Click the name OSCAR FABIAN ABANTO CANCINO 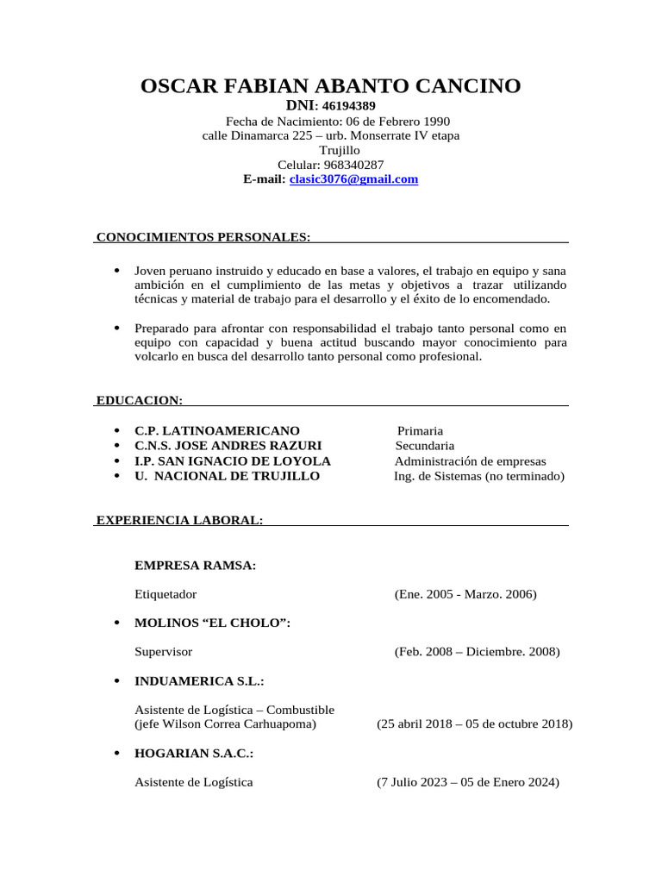click(x=330, y=85)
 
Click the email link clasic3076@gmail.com click(x=353, y=179)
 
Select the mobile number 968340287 click(x=353, y=165)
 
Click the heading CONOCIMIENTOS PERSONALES click(x=203, y=236)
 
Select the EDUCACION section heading click(x=139, y=400)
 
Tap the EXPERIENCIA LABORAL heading click(x=179, y=520)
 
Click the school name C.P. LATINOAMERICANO click(x=217, y=430)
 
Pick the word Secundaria click(x=424, y=446)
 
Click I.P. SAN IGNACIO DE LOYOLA click(x=233, y=461)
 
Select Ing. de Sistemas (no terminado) click(x=479, y=476)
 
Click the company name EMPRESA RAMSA click(x=195, y=566)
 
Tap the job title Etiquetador click(x=165, y=594)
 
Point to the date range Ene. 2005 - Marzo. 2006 click(x=465, y=594)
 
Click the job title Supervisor click(x=164, y=652)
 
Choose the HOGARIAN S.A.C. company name click(x=194, y=753)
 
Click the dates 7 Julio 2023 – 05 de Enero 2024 click(x=467, y=782)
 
